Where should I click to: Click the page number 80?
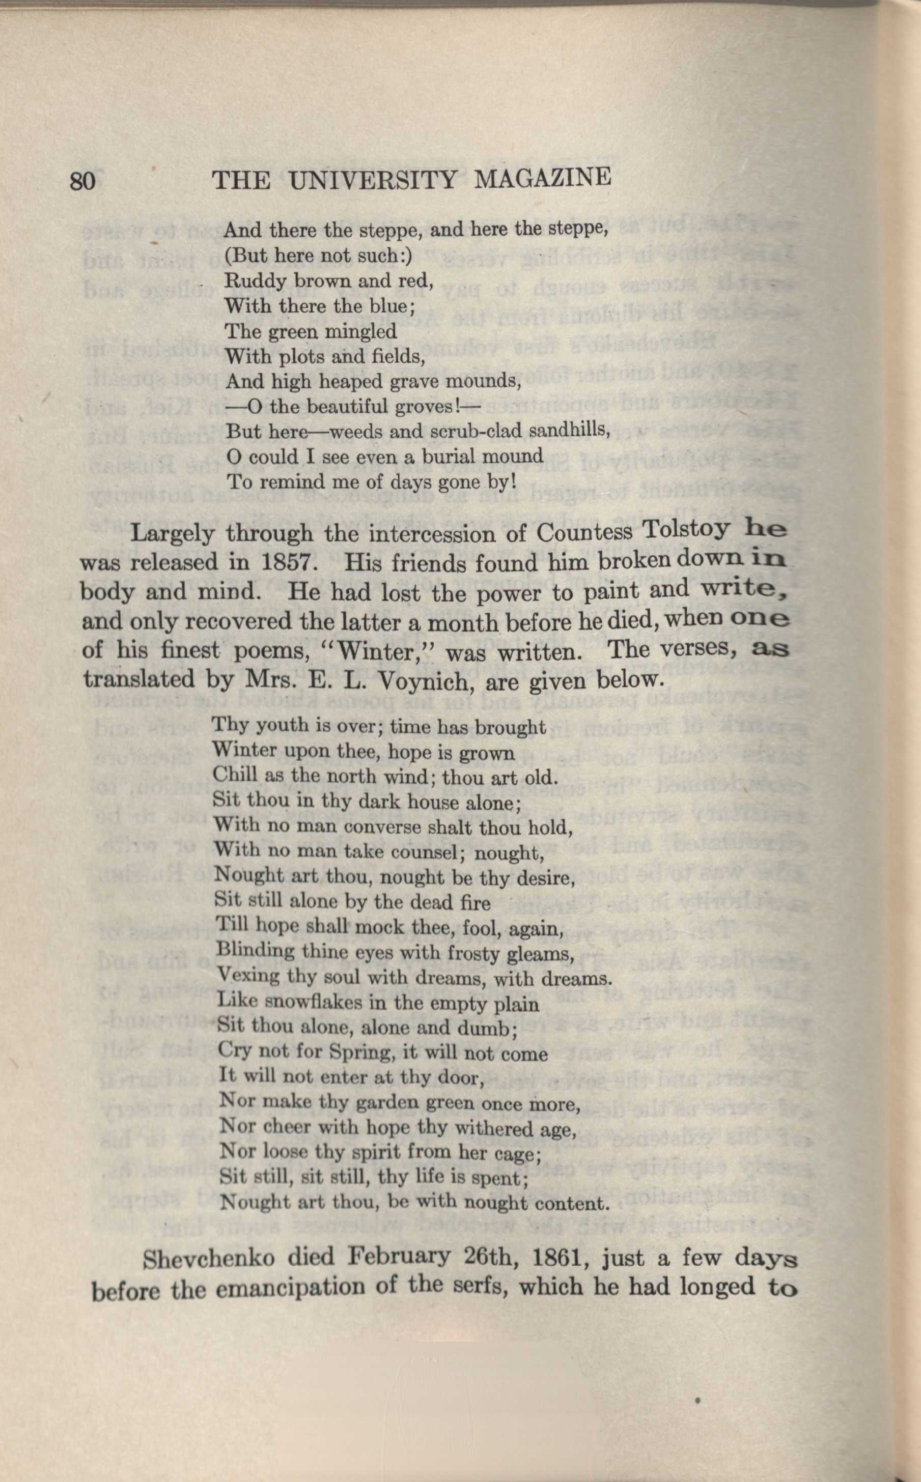(83, 182)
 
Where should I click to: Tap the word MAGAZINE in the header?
(542, 178)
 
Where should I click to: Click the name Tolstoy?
(685, 530)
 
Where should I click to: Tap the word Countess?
(584, 532)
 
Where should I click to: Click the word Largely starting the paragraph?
(173, 534)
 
